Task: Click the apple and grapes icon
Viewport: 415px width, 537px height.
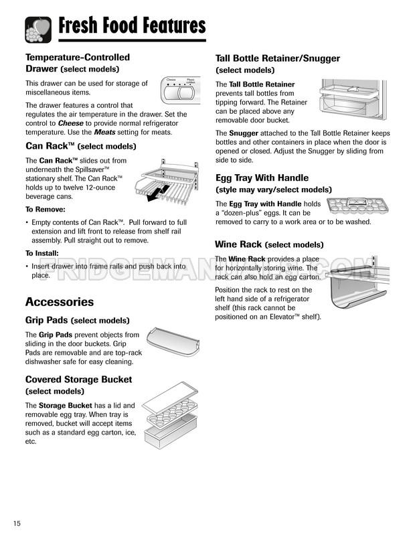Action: pyautogui.click(x=38, y=29)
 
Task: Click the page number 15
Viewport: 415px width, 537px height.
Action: pyautogui.click(x=17, y=524)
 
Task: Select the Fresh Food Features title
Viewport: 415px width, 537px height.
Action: pyautogui.click(x=132, y=25)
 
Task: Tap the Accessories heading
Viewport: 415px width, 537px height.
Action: pyautogui.click(x=60, y=302)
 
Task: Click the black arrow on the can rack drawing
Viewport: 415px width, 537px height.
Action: pyautogui.click(x=158, y=193)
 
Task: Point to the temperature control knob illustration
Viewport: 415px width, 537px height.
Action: pyautogui.click(x=181, y=90)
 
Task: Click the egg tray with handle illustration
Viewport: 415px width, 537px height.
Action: pyautogui.click(x=357, y=206)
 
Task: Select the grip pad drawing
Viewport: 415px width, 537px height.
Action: pyautogui.click(x=173, y=341)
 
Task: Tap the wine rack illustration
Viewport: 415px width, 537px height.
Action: pyautogui.click(x=357, y=282)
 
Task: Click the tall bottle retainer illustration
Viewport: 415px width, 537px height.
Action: pyautogui.click(x=353, y=99)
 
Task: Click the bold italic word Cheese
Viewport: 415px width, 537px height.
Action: pyautogui.click(x=70, y=123)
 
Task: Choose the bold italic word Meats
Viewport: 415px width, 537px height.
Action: pyautogui.click(x=104, y=132)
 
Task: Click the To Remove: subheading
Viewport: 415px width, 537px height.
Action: pyautogui.click(x=46, y=210)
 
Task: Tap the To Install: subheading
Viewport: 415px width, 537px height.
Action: pyautogui.click(x=42, y=253)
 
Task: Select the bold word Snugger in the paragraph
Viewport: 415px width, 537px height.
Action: pyautogui.click(x=244, y=133)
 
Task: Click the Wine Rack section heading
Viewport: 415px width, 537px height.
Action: pyautogui.click(x=269, y=244)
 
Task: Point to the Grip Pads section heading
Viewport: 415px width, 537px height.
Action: pyautogui.click(x=78, y=320)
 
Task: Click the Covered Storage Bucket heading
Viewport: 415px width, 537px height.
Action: pyautogui.click(x=79, y=380)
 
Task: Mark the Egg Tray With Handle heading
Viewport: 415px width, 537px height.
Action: pyautogui.click(x=262, y=177)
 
